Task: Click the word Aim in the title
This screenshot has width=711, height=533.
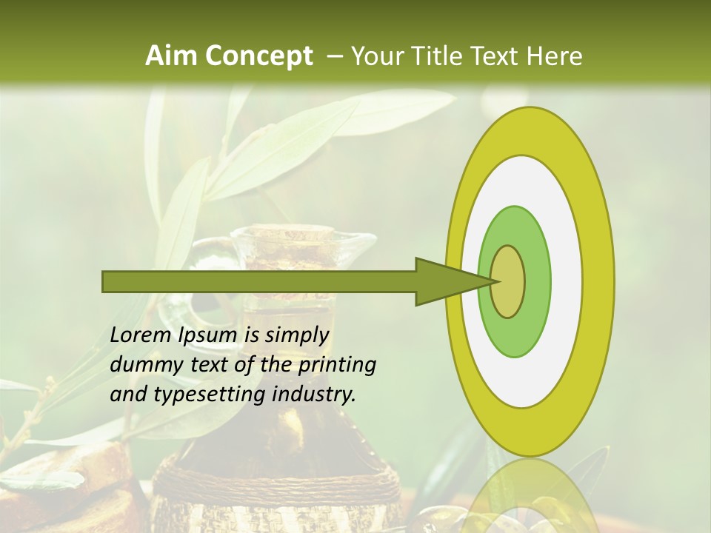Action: click(172, 56)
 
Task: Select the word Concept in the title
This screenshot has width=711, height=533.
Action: click(258, 56)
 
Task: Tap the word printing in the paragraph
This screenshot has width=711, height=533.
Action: click(337, 365)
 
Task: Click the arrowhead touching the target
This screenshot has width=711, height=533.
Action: click(452, 281)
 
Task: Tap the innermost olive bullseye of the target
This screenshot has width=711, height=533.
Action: click(507, 281)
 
